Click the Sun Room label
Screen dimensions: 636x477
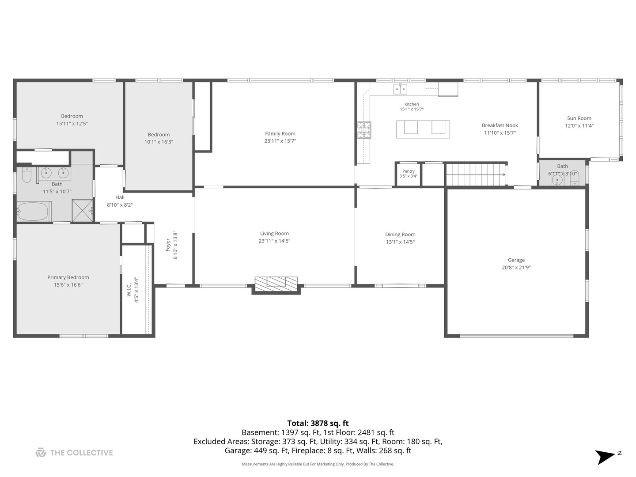tap(579, 118)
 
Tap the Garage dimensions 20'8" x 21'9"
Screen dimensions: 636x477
tap(516, 268)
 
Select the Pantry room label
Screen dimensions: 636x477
tap(408, 171)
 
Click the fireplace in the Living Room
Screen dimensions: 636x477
tap(276, 284)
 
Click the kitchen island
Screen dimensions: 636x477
tap(423, 129)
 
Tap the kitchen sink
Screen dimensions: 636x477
tap(400, 89)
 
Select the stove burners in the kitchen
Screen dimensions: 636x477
tap(364, 130)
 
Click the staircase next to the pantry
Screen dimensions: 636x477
tap(476, 174)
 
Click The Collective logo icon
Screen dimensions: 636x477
tap(41, 453)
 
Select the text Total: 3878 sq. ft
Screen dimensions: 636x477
tap(318, 424)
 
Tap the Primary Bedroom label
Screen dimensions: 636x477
tap(68, 277)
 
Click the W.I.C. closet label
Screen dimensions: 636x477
tap(129, 289)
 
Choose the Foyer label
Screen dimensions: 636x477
tap(168, 245)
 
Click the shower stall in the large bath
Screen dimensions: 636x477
tap(82, 211)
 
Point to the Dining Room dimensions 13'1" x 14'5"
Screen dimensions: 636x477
tap(400, 242)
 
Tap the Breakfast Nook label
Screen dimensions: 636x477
tap(500, 125)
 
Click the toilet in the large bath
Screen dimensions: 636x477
tap(26, 174)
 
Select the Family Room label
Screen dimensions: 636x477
tap(280, 133)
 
